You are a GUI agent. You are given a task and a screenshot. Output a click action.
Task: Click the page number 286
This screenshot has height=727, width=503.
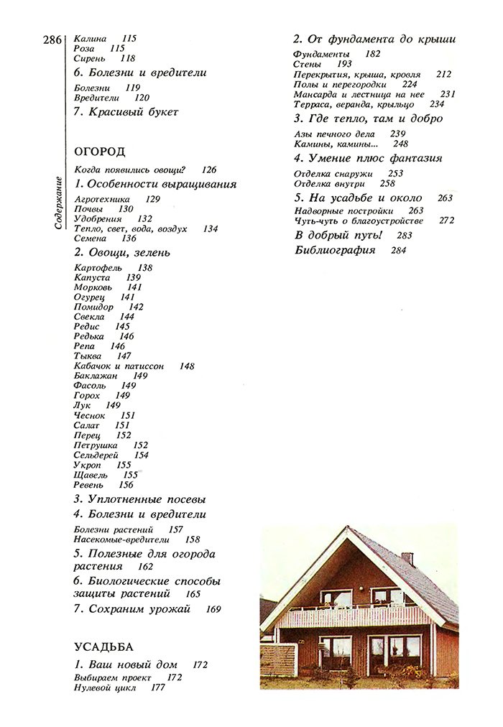click(x=52, y=40)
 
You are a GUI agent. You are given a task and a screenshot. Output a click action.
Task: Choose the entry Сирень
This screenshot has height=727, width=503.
click(x=90, y=58)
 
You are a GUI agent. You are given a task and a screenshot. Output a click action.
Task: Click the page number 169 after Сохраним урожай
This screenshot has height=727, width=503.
click(x=213, y=609)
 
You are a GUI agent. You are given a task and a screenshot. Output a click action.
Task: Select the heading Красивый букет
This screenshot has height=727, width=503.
click(x=126, y=112)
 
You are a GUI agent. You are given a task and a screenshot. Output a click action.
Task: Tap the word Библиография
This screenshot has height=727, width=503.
click(x=336, y=251)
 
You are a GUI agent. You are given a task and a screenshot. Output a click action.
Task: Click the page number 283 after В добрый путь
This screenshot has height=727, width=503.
click(x=405, y=236)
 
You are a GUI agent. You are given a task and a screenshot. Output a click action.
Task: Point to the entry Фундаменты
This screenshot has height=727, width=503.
click(x=321, y=55)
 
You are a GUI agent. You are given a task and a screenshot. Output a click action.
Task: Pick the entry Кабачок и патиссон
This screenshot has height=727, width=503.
click(x=119, y=366)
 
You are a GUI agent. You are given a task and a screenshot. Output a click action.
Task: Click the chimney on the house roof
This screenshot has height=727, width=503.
click(x=407, y=558)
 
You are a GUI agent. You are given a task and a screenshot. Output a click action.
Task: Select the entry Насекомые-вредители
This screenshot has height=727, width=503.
click(x=121, y=540)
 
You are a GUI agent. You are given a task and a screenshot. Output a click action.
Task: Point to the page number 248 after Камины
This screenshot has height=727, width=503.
click(x=400, y=144)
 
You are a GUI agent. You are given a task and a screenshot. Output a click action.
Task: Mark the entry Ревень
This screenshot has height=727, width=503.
click(x=89, y=485)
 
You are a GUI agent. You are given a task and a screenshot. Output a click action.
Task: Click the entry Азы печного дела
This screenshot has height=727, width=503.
click(x=335, y=134)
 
